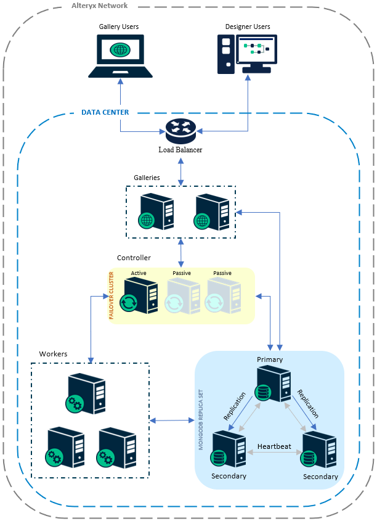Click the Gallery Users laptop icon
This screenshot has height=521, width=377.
tap(120, 56)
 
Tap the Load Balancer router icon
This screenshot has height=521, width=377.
tap(180, 129)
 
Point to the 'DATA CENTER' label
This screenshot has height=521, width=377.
tap(105, 113)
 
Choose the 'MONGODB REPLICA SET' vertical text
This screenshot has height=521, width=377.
tap(201, 419)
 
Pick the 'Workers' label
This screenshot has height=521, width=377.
tap(53, 354)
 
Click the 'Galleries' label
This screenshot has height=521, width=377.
tap(147, 178)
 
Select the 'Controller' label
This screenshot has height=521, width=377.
tap(134, 258)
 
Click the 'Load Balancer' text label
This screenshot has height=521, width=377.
tap(180, 150)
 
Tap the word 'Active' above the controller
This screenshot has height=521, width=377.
tap(139, 273)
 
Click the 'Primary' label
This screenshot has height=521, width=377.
tap(270, 359)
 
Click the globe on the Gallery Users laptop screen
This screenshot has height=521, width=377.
tap(120, 49)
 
